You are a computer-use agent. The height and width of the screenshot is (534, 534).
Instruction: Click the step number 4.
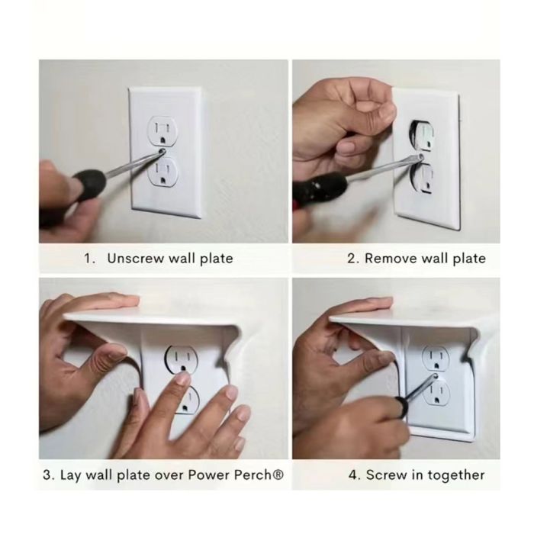pyautogui.click(x=354, y=475)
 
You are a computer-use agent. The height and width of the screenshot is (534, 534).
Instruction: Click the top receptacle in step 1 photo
pyautogui.click(x=162, y=131)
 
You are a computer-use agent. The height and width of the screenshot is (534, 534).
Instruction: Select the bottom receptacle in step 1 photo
pyautogui.click(x=162, y=171)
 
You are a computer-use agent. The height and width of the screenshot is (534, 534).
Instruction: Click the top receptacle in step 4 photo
pyautogui.click(x=436, y=359)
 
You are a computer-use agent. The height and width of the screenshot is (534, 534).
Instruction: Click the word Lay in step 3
pyautogui.click(x=71, y=475)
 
